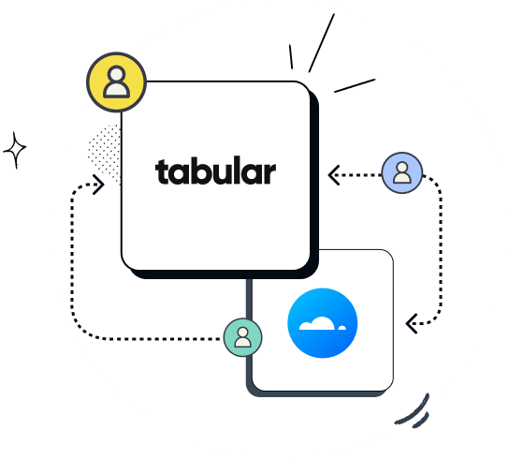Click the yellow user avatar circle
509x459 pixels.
click(x=116, y=81)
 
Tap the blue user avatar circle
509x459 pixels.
click(x=401, y=173)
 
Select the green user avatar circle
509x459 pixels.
click(x=242, y=337)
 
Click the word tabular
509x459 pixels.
click(x=215, y=172)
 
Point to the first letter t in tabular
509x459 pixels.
click(x=161, y=172)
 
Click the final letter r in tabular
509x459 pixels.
click(x=269, y=174)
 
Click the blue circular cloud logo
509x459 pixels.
click(x=323, y=323)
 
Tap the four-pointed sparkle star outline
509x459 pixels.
click(x=15, y=150)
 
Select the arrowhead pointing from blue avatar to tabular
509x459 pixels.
click(x=332, y=173)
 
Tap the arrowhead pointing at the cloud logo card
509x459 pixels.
click(x=410, y=324)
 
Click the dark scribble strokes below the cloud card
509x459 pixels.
click(x=414, y=410)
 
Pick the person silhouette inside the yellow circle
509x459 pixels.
click(x=116, y=82)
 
